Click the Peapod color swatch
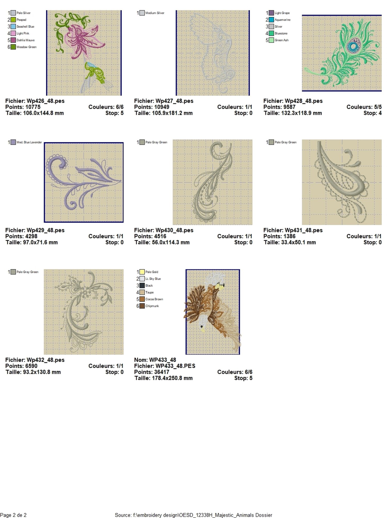pos(13,20)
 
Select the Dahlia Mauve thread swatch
pos(13,40)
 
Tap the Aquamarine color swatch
pos(271,20)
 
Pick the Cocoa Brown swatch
pos(142,299)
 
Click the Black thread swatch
pos(142,285)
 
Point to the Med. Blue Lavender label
pos(29,142)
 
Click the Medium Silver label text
pos(155,13)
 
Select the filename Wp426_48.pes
pos(46,101)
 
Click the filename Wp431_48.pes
pos(304,230)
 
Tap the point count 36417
pos(162,372)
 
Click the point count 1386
pos(289,236)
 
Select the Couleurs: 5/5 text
pos(364,107)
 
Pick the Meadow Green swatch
pos(13,47)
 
